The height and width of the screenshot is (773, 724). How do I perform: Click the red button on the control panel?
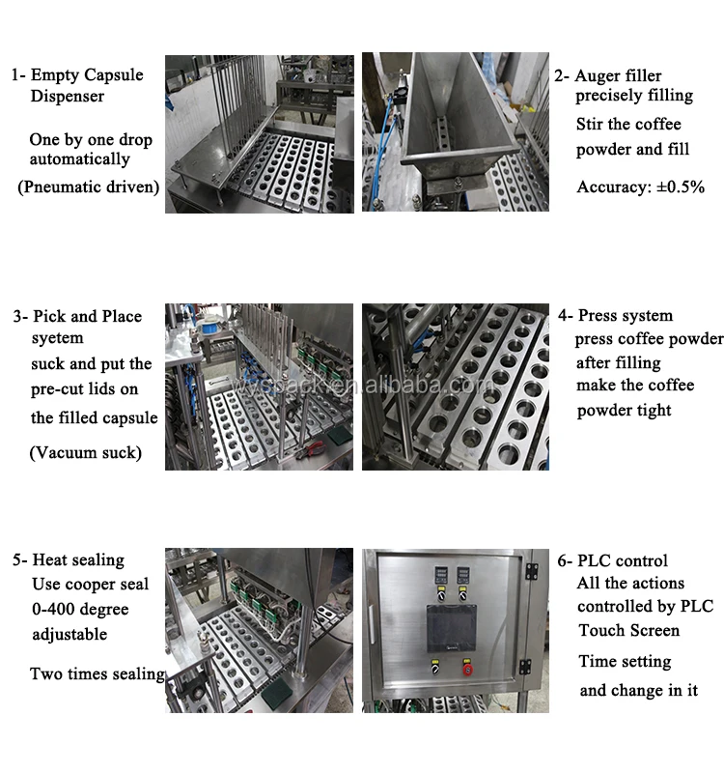(x=466, y=669)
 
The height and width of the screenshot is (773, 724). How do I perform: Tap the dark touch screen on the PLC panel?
(x=451, y=627)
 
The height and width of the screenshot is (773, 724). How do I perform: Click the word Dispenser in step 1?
(x=68, y=96)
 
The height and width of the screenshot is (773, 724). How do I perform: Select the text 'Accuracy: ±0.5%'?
(x=640, y=186)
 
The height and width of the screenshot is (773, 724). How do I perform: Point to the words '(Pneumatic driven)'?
(x=89, y=186)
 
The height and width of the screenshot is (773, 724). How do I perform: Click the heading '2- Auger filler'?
(x=608, y=75)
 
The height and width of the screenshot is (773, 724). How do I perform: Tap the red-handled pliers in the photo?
(x=311, y=448)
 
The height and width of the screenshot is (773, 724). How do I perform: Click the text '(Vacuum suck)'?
(x=86, y=452)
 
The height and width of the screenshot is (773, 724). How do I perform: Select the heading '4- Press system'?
(x=615, y=315)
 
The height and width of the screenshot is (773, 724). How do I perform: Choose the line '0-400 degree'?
(x=80, y=610)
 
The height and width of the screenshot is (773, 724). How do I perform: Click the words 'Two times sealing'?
(x=97, y=673)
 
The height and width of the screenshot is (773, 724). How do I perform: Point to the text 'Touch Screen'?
(x=629, y=630)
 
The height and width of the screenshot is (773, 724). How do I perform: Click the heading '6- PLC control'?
(x=612, y=560)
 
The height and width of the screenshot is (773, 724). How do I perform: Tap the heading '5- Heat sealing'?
(x=69, y=560)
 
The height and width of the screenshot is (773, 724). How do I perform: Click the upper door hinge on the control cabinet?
(x=531, y=571)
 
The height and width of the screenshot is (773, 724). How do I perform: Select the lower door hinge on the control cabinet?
(x=525, y=667)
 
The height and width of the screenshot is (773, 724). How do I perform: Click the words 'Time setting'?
(x=625, y=661)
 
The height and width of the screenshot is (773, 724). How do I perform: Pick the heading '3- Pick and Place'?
(x=77, y=316)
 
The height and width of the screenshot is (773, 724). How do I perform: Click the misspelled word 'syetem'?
(x=58, y=338)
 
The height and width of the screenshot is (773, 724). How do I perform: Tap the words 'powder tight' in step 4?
(x=624, y=410)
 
